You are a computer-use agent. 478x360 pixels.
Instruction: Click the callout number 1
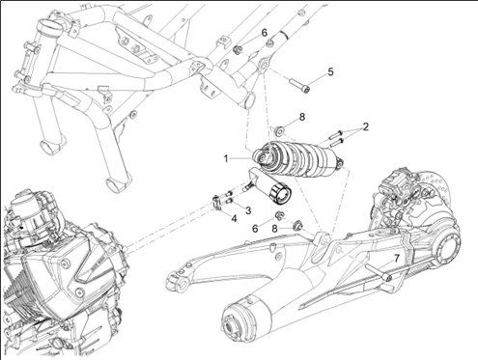pos(226,158)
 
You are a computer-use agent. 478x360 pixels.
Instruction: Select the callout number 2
pos(365,127)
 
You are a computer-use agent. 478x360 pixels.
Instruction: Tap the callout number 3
pos(248,210)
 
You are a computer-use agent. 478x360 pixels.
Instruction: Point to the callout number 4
pos(234,219)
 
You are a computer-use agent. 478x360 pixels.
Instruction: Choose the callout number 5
pos(331,71)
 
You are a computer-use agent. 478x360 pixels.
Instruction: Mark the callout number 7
pos(396,259)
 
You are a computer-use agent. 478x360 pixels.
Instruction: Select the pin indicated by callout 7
pos(379,272)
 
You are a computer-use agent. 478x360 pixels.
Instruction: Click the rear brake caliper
pos(394,183)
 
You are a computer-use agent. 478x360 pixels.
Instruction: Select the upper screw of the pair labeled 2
pos(336,134)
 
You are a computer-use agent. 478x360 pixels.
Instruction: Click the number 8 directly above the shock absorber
pos(301,117)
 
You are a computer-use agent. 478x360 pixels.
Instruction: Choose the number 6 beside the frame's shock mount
pos(265,33)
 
